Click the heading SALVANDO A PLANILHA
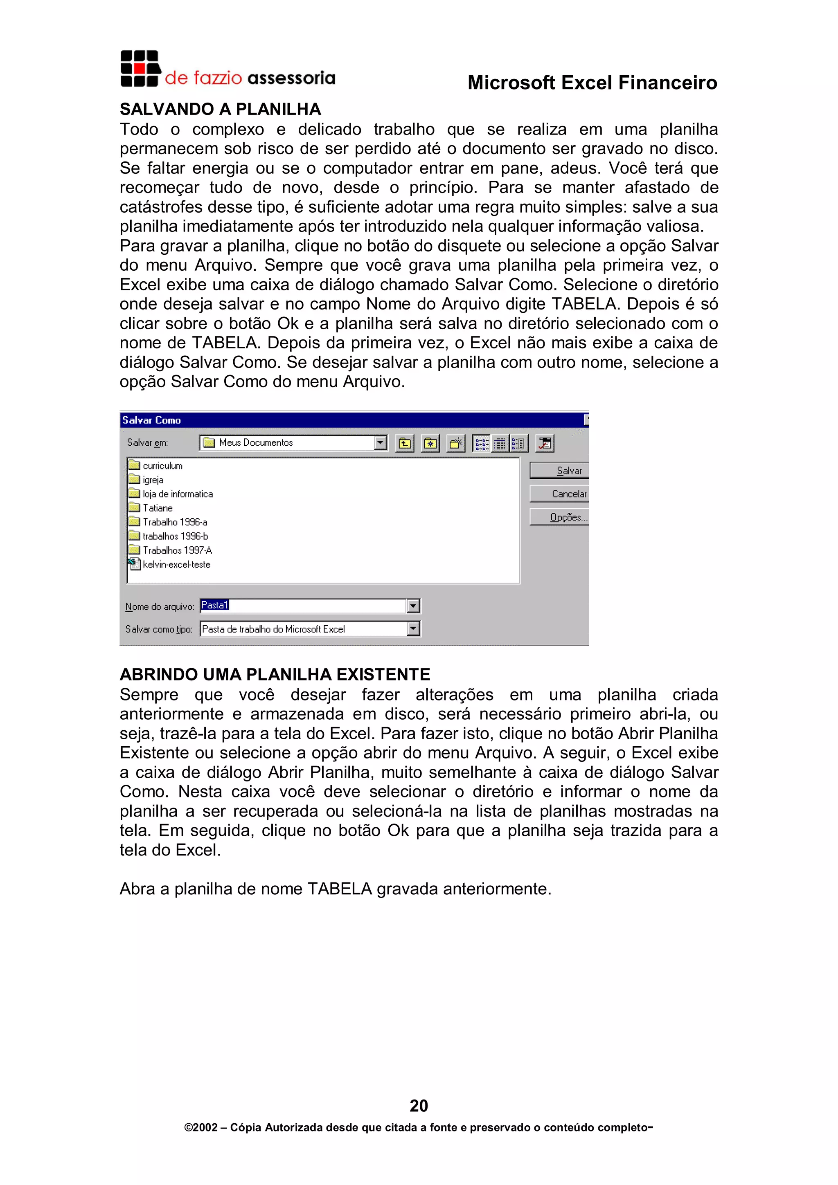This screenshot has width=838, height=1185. [220, 110]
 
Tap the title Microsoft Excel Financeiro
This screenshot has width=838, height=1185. [592, 83]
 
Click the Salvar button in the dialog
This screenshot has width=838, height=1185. [560, 470]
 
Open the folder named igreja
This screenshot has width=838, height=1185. [153, 480]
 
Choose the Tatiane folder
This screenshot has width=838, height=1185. [158, 508]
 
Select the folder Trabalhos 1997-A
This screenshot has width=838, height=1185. [177, 550]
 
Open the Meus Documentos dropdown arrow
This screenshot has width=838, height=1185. [381, 442]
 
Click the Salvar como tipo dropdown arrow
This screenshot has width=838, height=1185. [413, 628]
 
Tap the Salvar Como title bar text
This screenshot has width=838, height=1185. [151, 420]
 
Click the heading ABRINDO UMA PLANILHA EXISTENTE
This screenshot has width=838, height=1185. [275, 675]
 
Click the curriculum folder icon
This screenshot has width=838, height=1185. [134, 465]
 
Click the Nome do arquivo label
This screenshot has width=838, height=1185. [160, 606]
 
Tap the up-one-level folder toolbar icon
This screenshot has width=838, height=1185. [405, 443]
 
